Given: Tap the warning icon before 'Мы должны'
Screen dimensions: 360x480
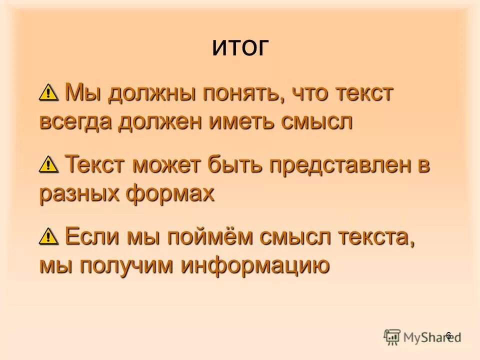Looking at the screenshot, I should tap(48, 92).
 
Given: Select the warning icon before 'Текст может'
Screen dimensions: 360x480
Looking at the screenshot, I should tap(48, 163).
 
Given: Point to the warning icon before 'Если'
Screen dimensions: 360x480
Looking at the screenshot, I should tap(48, 234).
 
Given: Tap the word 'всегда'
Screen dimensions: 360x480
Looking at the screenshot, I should tap(75, 122).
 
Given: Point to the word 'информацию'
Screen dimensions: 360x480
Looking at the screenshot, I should tap(255, 265).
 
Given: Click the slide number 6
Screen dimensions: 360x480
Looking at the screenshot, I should tap(448, 335).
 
